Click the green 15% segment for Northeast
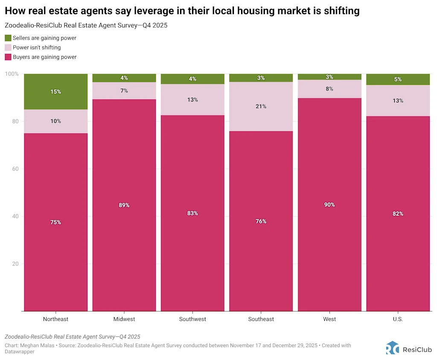click(55, 92)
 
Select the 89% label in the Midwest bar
click(124, 205)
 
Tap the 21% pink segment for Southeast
click(261, 107)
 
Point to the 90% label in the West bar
click(329, 205)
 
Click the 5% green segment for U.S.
click(398, 79)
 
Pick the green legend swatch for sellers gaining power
click(8, 38)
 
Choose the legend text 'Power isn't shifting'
click(37, 47)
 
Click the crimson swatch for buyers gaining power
click(8, 57)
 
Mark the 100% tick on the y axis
click(12, 74)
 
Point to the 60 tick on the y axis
click(15, 169)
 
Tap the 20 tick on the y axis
click(15, 264)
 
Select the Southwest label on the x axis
click(192, 319)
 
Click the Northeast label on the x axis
click(55, 319)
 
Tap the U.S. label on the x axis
click(398, 319)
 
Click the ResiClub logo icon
click(392, 348)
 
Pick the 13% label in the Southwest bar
click(192, 100)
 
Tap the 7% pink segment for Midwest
click(124, 91)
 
